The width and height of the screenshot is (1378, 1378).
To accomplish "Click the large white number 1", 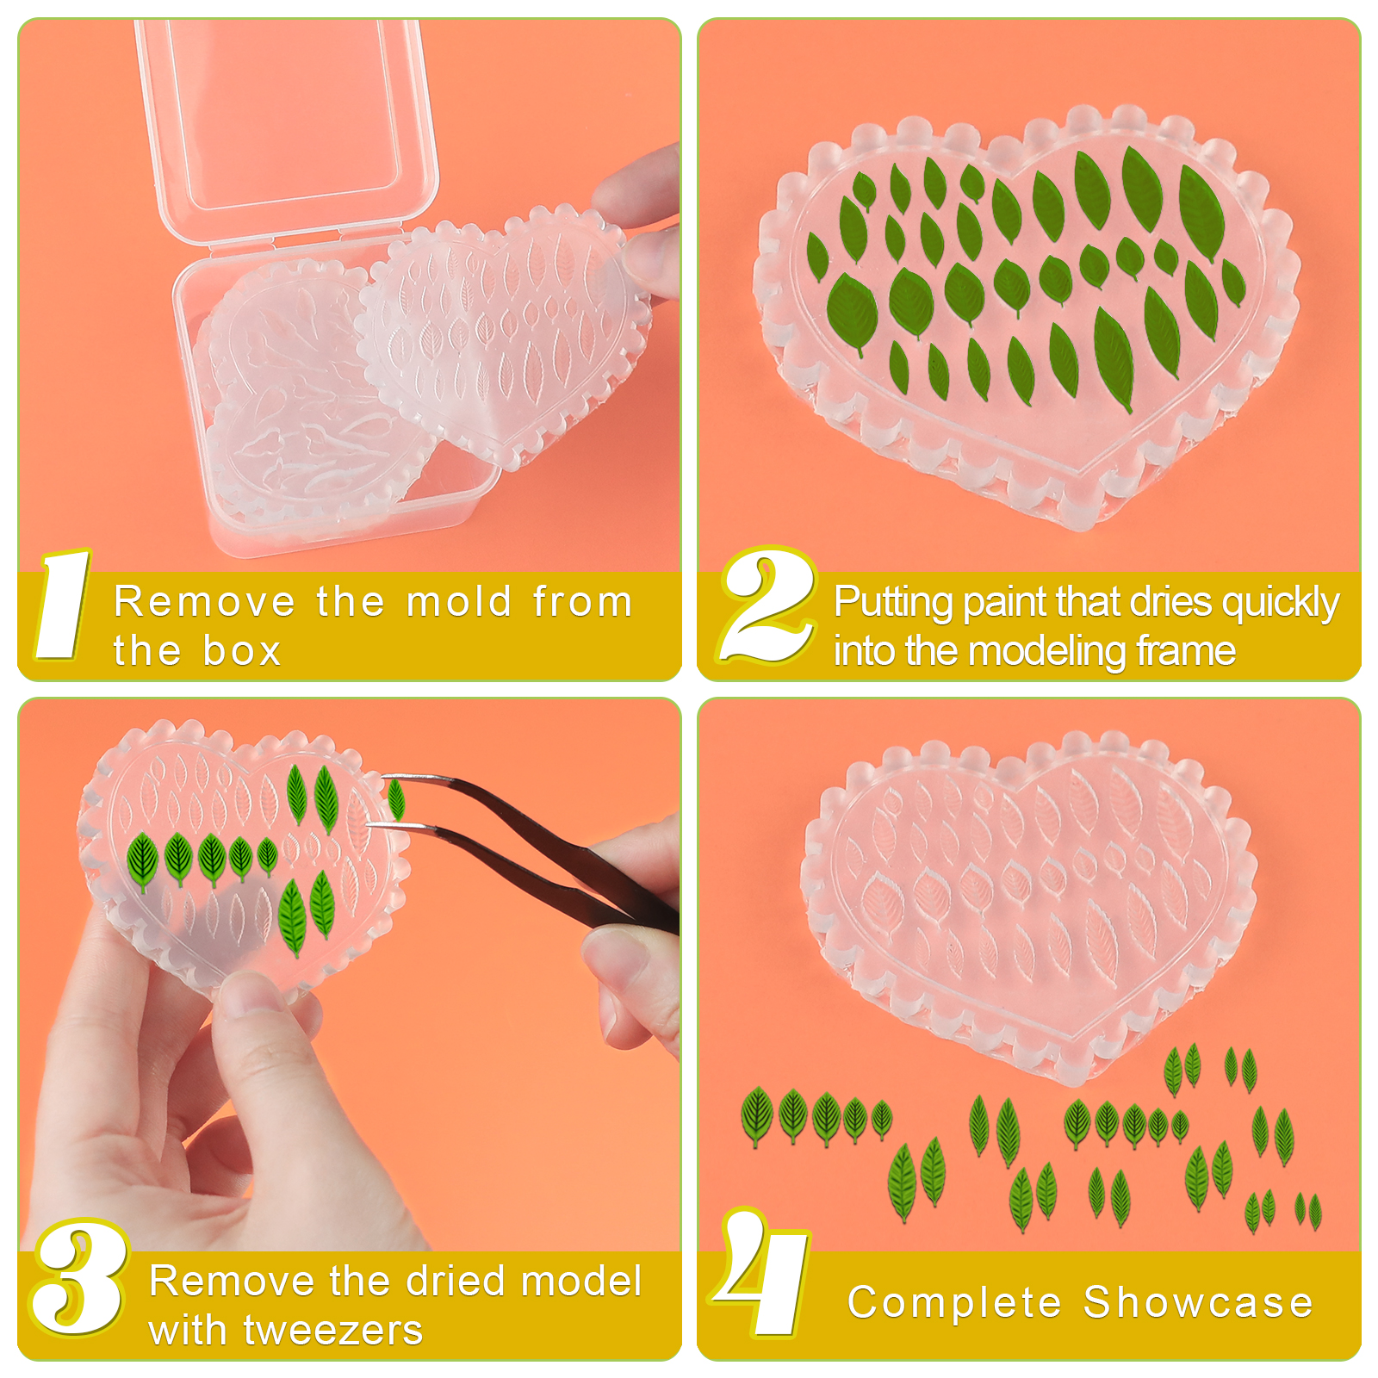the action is coord(62,605).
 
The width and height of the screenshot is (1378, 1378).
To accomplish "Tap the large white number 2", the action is coord(767,605).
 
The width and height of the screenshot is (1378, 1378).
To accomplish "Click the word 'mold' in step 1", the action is coord(459,601).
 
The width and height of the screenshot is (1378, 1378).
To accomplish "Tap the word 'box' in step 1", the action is coord(242,650).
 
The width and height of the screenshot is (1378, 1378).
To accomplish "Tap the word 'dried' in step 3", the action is coord(456,1281).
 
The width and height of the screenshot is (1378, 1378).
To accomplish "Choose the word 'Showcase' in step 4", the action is coord(1198,1301).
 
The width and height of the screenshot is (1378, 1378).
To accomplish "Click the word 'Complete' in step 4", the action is coord(954,1303).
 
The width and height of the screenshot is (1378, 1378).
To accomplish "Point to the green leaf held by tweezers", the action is coord(396,798).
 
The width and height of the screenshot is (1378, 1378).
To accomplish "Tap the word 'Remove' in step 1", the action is coord(205,601).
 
